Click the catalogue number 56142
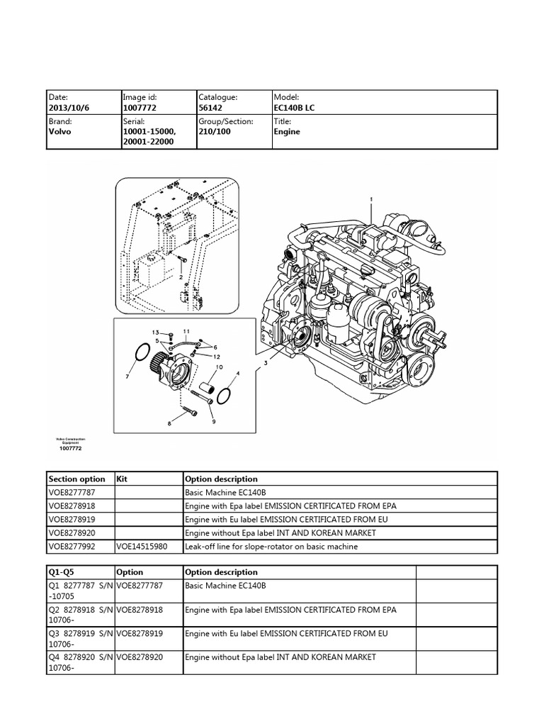pyautogui.click(x=211, y=108)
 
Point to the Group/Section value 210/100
pyautogui.click(x=215, y=132)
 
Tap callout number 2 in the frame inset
pyautogui.click(x=181, y=277)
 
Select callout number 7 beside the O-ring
pyautogui.click(x=127, y=376)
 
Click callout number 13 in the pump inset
pyautogui.click(x=154, y=332)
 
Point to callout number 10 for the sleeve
pyautogui.click(x=219, y=367)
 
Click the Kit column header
pyautogui.click(x=121, y=479)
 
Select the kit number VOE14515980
pyautogui.click(x=140, y=546)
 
